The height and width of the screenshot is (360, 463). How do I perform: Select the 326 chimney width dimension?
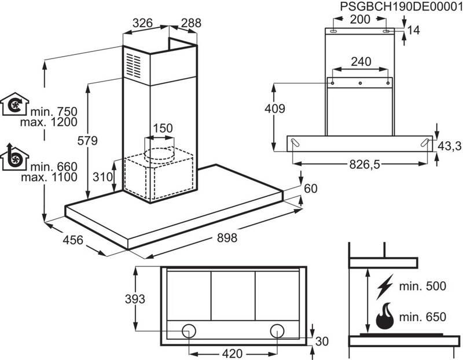[x=142, y=23]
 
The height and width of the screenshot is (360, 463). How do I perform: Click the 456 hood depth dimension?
[x=74, y=240]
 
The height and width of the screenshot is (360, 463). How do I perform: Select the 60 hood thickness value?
[x=311, y=188]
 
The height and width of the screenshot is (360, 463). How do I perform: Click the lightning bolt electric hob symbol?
[x=385, y=288]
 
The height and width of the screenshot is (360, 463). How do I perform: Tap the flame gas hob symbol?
[x=385, y=317]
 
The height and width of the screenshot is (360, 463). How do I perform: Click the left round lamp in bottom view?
[x=189, y=330]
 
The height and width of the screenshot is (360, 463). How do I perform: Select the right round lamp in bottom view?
[x=277, y=330]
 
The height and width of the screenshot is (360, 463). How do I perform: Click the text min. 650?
[x=424, y=317]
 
